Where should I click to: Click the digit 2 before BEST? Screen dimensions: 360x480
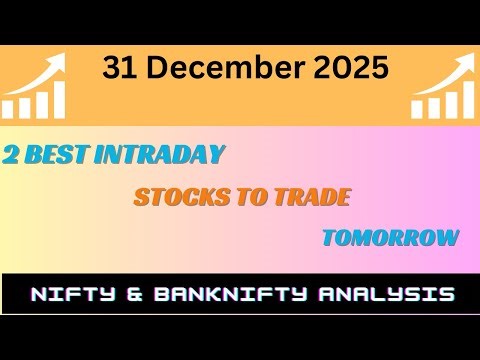tap(11, 155)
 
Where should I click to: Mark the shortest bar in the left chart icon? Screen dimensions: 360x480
tap(11, 109)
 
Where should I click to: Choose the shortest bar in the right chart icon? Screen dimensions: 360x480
tap(417, 109)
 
